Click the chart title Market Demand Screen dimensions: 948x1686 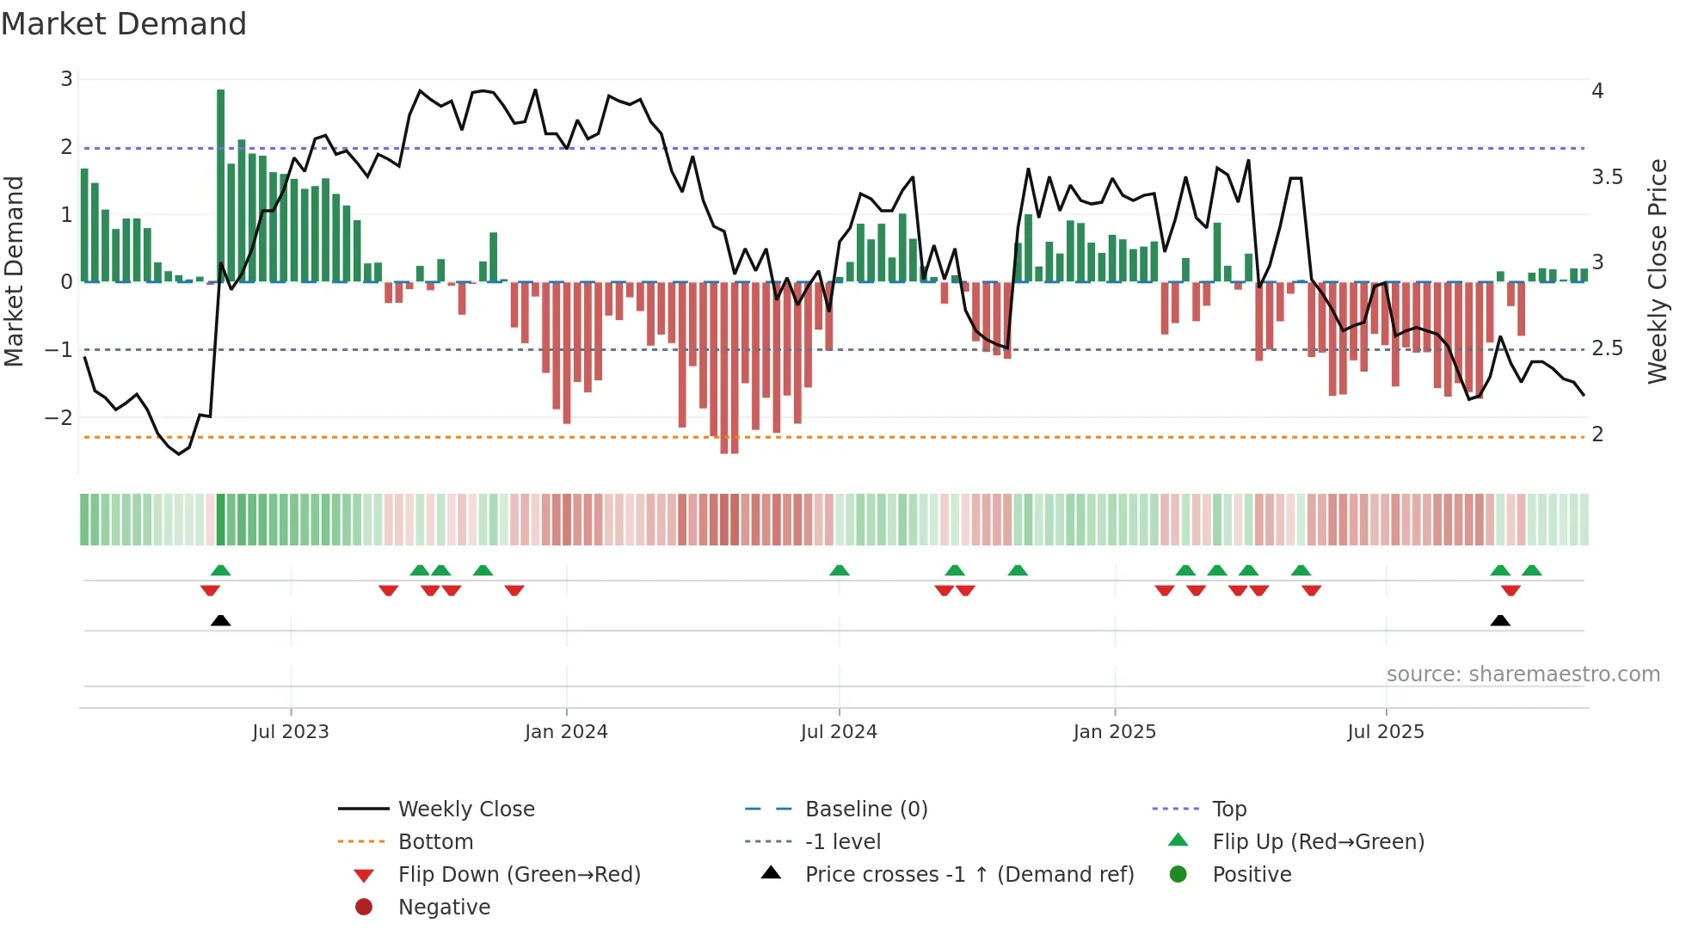pos(124,24)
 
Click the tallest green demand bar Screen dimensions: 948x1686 pos(221,185)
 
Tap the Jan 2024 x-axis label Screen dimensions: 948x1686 pos(566,732)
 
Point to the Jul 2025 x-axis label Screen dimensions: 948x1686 pos(1386,732)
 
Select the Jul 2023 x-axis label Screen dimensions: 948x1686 pos(291,732)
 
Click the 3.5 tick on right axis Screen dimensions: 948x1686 pos(1607,177)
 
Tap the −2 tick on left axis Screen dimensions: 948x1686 pos(59,418)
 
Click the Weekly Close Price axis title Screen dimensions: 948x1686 pos(1658,271)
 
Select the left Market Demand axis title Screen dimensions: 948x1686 pos(15,271)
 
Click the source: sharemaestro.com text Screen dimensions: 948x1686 pos(1523,674)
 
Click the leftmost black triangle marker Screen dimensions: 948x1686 pos(221,620)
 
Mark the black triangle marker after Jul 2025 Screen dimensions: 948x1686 pos(1500,620)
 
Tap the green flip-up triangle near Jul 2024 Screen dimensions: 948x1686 pos(840,570)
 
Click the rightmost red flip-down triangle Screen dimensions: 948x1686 pos(1511,590)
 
